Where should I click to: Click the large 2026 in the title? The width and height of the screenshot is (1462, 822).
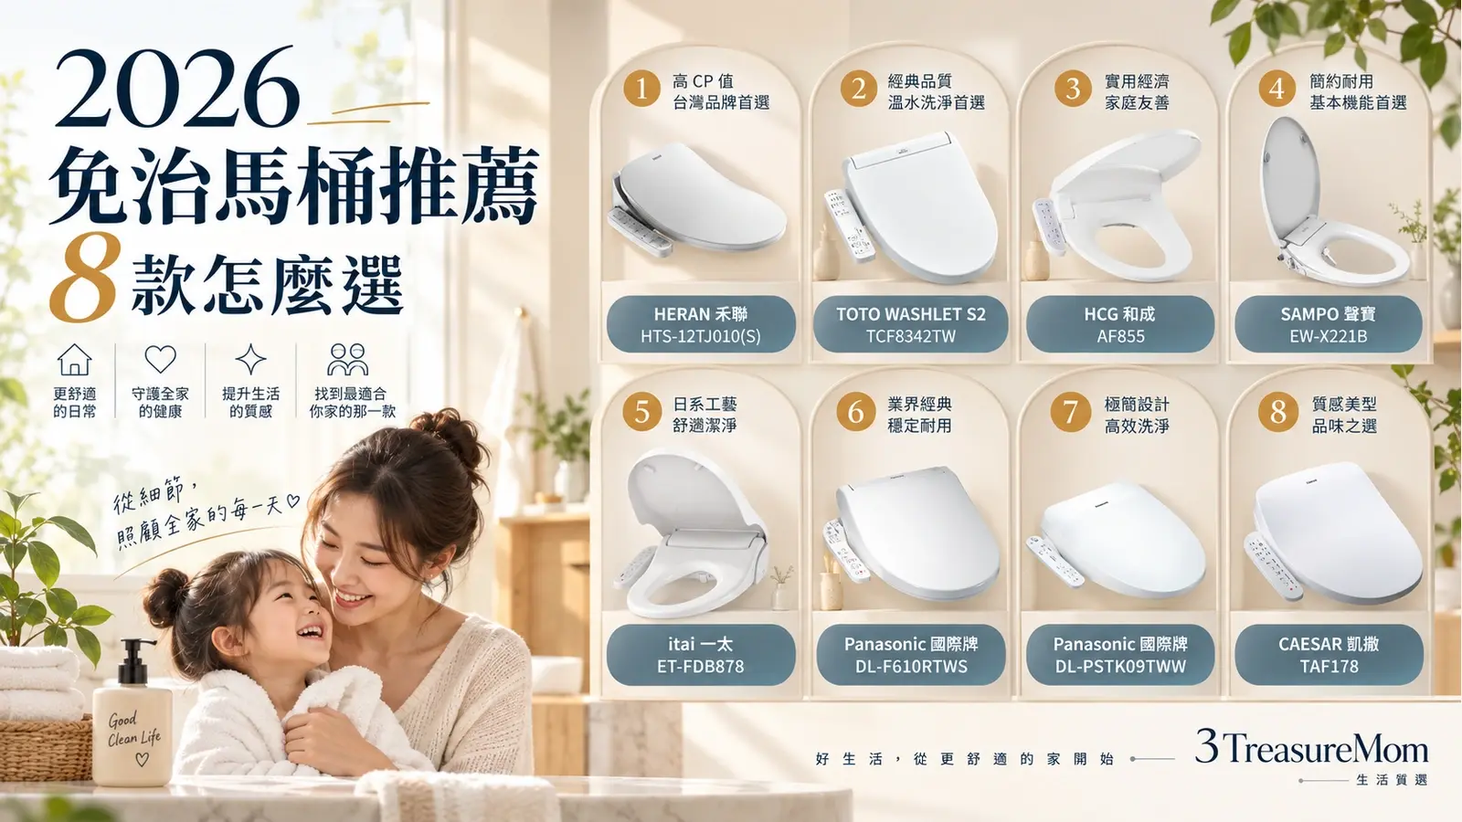(176, 88)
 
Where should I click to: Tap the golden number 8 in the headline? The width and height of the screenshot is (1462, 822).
(83, 278)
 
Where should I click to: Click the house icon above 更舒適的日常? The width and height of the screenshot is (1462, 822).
(74, 360)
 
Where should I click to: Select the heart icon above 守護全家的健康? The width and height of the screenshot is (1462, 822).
(161, 359)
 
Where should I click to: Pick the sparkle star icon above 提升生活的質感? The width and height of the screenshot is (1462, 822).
(250, 360)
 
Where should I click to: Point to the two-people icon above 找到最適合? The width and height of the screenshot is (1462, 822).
(347, 360)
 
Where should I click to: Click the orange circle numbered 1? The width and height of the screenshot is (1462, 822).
(641, 88)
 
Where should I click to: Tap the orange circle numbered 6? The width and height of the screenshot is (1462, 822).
(855, 412)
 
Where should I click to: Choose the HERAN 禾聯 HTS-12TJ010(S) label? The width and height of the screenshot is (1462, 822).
(701, 324)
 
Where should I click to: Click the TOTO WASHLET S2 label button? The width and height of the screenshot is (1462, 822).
(910, 324)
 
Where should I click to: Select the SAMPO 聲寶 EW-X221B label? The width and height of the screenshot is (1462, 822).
(1329, 324)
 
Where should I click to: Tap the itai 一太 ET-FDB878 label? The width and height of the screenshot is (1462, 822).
(701, 654)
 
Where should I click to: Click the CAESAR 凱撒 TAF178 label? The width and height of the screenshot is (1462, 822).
(1329, 654)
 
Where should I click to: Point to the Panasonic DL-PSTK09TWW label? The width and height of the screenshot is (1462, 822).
(1120, 654)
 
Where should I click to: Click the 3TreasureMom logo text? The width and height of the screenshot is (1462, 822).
(1312, 748)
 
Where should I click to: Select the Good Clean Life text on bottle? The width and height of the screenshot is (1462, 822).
(133, 730)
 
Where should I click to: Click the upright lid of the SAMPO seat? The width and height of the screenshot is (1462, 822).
(1285, 176)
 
